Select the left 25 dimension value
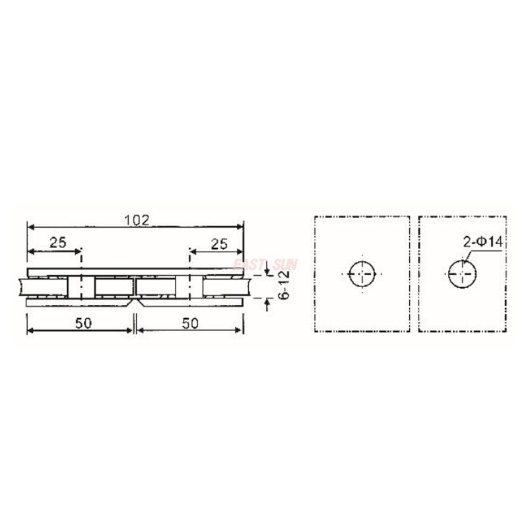pos(57,243)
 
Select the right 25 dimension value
pos(219,244)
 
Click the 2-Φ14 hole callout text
pos(483,243)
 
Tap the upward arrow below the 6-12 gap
pos(267,304)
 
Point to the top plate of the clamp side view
pos(135,272)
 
